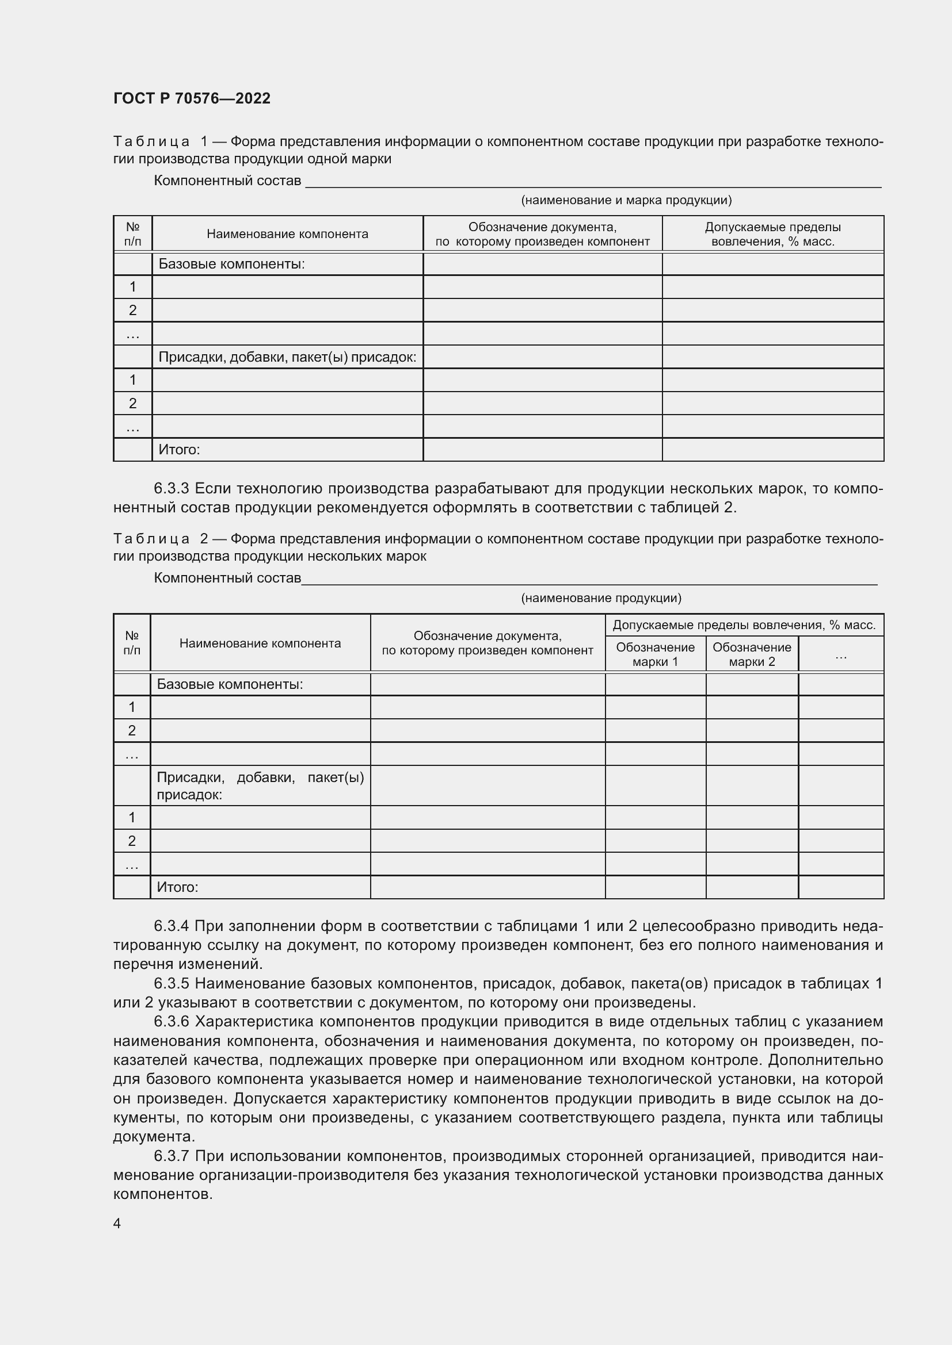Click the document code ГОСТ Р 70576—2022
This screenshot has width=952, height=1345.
(192, 98)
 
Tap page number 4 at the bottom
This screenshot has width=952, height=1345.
(117, 1223)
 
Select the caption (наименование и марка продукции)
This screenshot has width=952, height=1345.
(626, 200)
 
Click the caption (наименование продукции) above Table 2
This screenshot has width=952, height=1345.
(601, 598)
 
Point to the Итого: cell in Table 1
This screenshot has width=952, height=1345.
(180, 450)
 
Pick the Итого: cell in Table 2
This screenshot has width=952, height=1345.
(178, 887)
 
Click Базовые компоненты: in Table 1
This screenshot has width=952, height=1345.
(231, 264)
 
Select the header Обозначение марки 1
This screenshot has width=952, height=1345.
(655, 654)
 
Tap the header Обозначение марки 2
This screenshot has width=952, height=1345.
(752, 654)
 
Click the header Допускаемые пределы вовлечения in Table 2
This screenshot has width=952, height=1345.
(743, 625)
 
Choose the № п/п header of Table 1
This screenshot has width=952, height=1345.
(132, 234)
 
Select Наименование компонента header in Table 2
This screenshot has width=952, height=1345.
(260, 643)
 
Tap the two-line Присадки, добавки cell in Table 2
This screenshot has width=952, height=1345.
(260, 785)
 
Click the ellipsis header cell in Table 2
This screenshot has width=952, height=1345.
(840, 654)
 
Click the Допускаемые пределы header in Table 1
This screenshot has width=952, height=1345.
(772, 234)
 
